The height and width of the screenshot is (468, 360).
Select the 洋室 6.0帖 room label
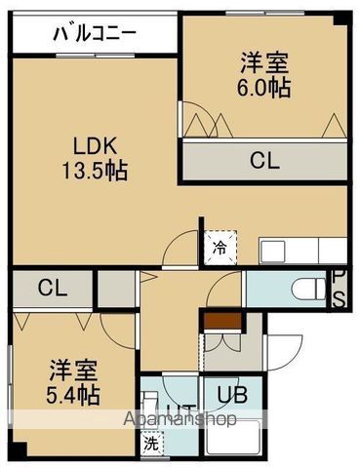(x=264, y=74)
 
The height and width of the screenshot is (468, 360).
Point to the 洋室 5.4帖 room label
(x=74, y=382)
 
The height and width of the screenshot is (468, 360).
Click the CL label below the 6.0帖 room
(x=263, y=162)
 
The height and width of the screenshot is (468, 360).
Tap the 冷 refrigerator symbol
(x=218, y=249)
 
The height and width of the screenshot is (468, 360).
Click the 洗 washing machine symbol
(x=151, y=441)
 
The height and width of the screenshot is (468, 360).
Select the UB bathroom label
(x=231, y=395)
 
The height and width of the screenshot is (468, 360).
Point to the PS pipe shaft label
(x=339, y=289)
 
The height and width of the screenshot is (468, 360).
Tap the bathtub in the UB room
(x=235, y=441)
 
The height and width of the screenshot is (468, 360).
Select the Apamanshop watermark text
(x=181, y=420)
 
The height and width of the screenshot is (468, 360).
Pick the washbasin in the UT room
(x=152, y=405)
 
